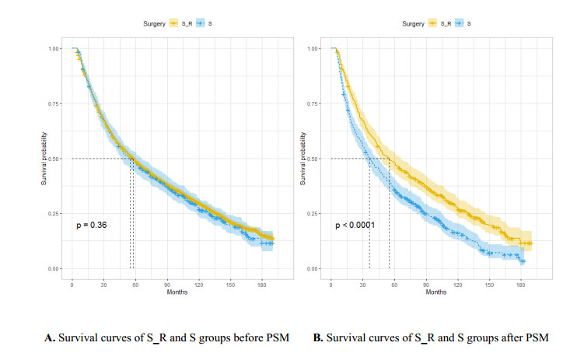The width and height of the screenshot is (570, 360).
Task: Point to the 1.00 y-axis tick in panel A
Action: pos(53,49)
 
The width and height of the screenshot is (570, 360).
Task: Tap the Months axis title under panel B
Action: pos(436,292)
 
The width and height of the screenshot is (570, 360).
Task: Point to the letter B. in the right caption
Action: pos(317,337)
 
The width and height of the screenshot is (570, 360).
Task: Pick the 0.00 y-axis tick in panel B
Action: pos(313,269)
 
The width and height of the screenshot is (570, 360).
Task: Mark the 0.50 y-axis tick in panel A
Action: pos(53,159)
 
